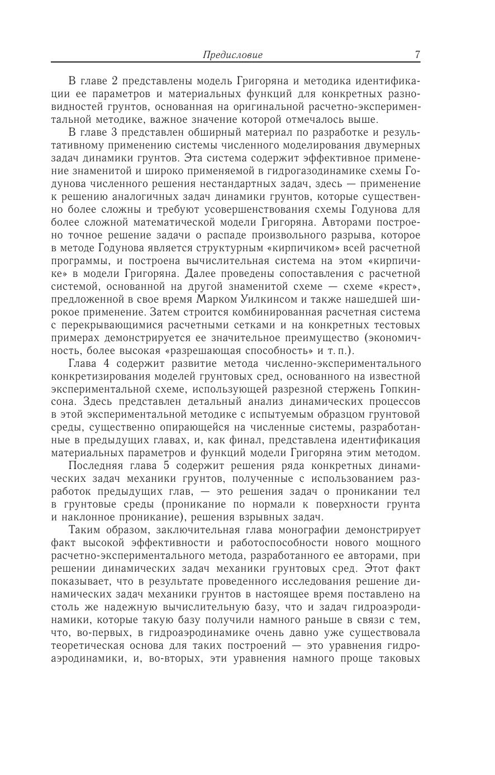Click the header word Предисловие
tap(232, 55)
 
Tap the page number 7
tap(417, 54)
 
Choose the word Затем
tap(166, 312)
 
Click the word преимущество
tap(323, 338)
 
